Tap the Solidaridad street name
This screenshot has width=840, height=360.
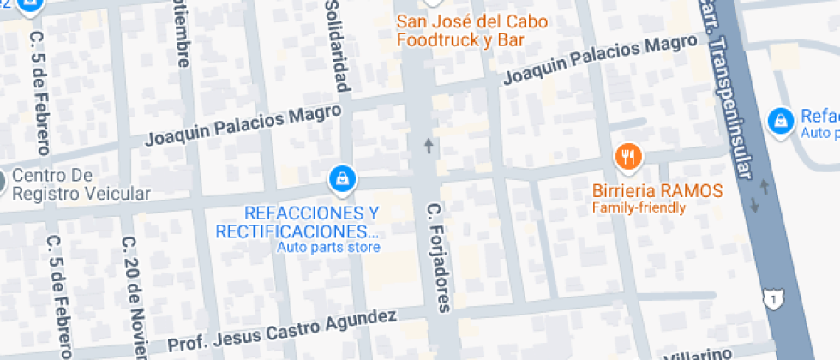click(337, 47)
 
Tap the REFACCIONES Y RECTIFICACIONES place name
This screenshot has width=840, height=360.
click(299, 222)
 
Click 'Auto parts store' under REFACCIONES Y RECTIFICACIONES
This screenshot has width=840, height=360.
click(328, 248)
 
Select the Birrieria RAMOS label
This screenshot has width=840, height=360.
click(657, 190)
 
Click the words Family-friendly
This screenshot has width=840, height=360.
click(639, 207)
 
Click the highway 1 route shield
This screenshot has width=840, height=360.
click(774, 299)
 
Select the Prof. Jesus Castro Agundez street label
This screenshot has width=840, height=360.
click(282, 331)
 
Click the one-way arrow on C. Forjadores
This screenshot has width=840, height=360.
click(429, 146)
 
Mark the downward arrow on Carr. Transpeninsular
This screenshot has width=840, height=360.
click(753, 205)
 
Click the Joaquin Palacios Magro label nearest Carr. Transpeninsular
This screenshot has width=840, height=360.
click(600, 60)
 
